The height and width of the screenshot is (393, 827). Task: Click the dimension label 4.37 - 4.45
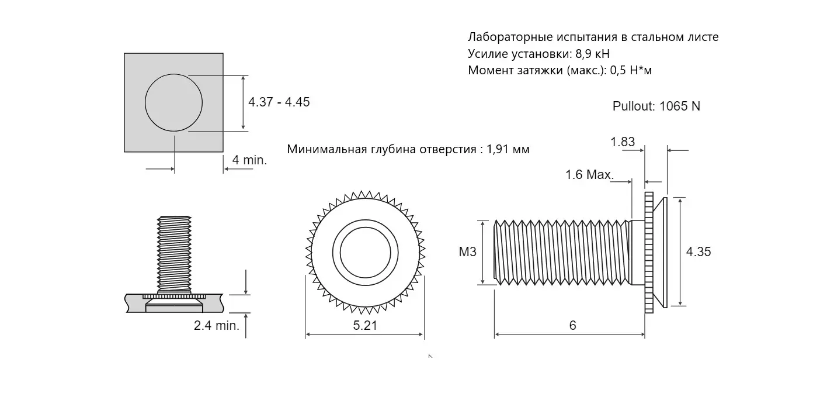point(279,102)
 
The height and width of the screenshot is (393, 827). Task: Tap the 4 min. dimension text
point(249,160)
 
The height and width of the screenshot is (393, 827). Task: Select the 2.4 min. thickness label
point(217,326)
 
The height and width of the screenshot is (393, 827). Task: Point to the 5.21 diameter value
point(365,326)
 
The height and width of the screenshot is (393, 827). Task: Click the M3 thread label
point(468,252)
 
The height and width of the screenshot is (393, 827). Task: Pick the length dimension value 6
point(572,326)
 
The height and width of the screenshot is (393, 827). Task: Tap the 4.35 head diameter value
point(699,252)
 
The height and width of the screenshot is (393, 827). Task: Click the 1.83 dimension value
point(623,142)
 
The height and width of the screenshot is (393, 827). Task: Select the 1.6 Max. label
point(589,174)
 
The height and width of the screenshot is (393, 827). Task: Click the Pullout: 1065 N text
point(656,106)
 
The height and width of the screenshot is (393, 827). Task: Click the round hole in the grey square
point(173,102)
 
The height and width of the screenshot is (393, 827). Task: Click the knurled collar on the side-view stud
point(649,252)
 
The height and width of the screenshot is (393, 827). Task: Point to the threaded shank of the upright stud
point(175,251)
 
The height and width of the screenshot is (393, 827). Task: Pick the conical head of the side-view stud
point(660,252)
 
